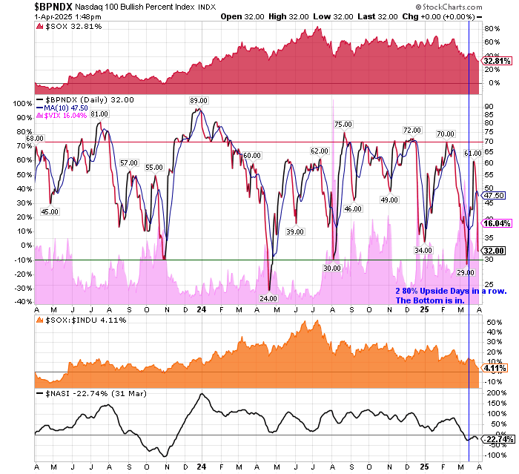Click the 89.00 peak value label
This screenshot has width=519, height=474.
coord(198,100)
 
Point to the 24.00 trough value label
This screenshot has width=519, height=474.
coord(268,297)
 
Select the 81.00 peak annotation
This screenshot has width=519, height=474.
coord(99,113)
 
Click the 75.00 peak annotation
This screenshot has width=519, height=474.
coord(342,124)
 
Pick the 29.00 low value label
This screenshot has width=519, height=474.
coord(465,272)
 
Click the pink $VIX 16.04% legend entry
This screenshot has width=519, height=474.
coord(66,115)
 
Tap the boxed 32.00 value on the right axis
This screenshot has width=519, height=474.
coord(495,251)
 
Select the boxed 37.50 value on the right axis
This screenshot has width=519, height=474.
coord(495,194)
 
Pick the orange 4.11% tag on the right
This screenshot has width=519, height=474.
coord(495,367)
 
